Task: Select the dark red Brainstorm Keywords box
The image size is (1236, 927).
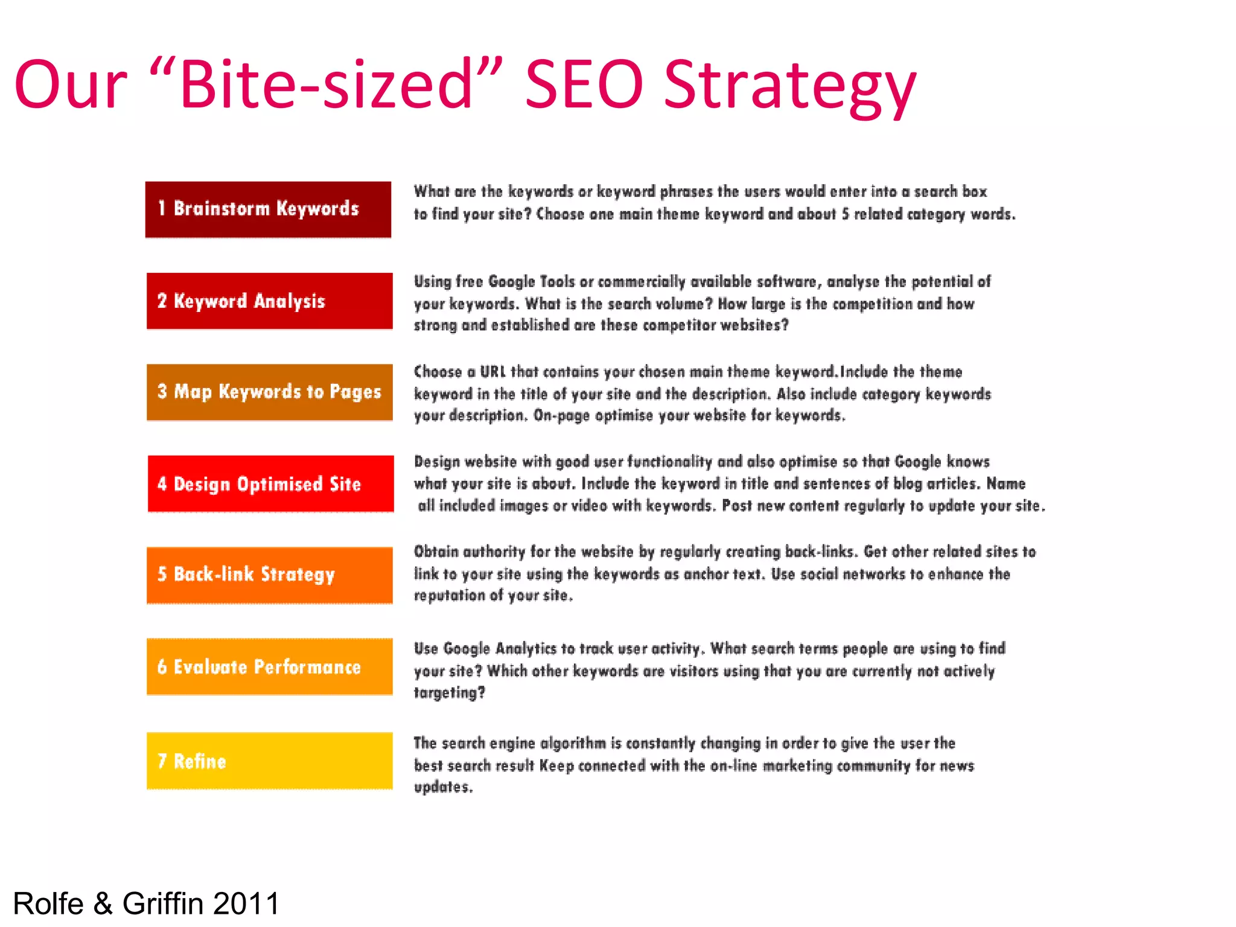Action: tap(268, 209)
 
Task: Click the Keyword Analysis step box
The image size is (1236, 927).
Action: tap(269, 301)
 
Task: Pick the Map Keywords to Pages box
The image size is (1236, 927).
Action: tap(269, 392)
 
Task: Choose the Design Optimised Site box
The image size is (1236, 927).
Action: tap(270, 483)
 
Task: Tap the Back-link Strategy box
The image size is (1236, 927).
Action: tap(269, 575)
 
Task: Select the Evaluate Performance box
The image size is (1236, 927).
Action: tap(269, 666)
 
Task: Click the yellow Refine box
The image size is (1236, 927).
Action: tap(269, 760)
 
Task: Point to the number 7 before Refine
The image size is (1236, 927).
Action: tap(162, 761)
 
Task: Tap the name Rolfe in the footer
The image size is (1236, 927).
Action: tap(48, 903)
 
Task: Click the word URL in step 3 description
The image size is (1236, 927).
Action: tap(492, 372)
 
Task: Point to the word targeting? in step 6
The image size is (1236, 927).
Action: tap(449, 693)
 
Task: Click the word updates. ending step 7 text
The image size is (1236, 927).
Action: tap(443, 787)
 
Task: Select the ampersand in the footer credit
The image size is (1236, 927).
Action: tap(103, 903)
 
